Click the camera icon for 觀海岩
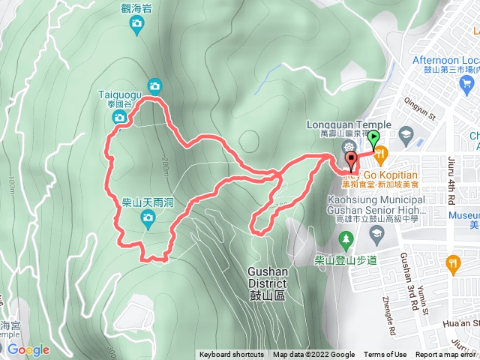[x=136, y=26]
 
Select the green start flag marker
[x=373, y=139]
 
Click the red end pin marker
[x=351, y=160]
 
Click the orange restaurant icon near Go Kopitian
[x=380, y=154]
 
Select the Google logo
[x=28, y=349]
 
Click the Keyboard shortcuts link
[x=231, y=355]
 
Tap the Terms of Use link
[x=385, y=355]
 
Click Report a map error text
[x=446, y=355]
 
